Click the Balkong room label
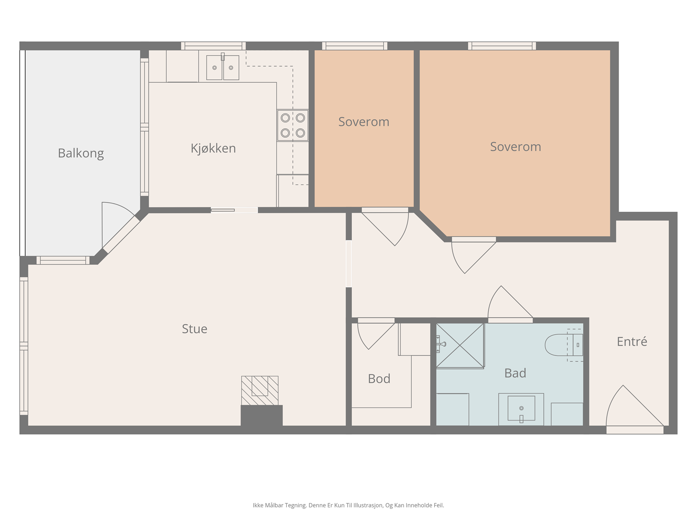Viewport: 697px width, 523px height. click(81, 153)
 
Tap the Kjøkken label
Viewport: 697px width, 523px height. click(213, 148)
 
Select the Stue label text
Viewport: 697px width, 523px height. click(194, 329)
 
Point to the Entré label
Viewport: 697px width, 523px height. click(632, 341)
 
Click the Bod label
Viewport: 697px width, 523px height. click(379, 378)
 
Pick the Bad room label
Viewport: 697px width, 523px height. click(515, 373)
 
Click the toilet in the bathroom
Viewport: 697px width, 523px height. click(564, 345)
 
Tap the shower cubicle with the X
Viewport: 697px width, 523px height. click(460, 346)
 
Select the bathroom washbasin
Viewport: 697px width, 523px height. click(521, 409)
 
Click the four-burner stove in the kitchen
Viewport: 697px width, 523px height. click(292, 126)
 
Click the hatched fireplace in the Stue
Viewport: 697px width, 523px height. click(260, 391)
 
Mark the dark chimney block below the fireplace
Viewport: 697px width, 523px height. click(262, 416)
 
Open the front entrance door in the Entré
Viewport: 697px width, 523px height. click(635, 410)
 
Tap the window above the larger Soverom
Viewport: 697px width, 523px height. click(502, 46)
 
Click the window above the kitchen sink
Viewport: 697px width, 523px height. click(213, 46)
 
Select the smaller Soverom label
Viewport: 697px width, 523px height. click(364, 122)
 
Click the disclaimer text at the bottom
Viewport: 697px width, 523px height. click(348, 505)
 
